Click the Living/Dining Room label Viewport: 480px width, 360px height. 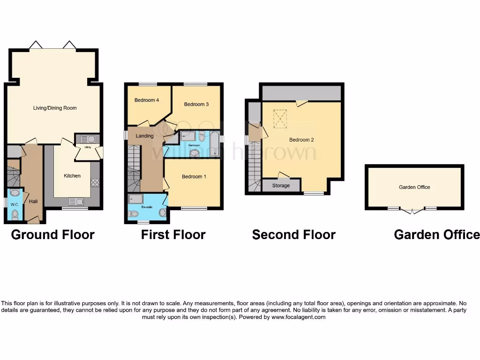point(55,108)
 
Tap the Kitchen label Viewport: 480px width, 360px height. point(72,176)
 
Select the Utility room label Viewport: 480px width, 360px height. point(87,147)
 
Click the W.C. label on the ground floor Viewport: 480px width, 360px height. point(15,205)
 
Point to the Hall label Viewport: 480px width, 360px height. point(33,202)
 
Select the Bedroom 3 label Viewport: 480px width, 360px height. point(196,104)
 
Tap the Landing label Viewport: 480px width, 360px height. point(144,136)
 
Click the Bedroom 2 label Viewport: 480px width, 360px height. point(301,140)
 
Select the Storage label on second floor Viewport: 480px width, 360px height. point(281,185)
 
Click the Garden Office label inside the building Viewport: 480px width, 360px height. point(414,187)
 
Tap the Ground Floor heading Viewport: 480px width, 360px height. point(52,234)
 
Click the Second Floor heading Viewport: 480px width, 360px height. point(293,234)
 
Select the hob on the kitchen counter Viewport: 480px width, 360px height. point(95,182)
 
